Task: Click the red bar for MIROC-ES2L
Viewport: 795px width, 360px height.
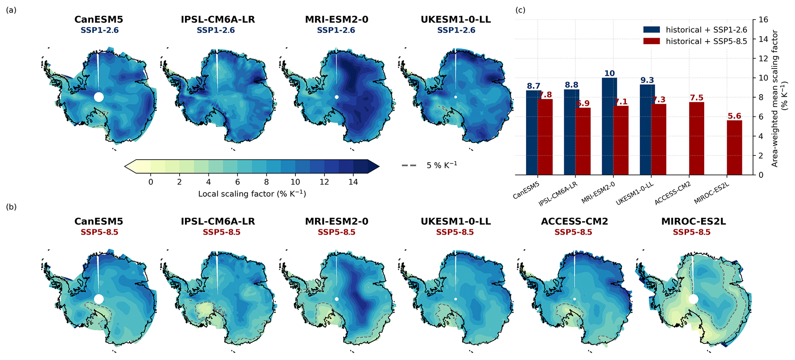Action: tap(734, 148)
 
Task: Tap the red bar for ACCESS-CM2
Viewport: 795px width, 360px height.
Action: tap(697, 138)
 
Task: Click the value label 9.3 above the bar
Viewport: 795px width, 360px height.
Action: tap(647, 80)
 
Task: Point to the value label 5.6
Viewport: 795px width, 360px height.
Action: tap(734, 116)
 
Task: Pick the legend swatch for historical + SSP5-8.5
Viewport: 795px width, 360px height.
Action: tap(652, 41)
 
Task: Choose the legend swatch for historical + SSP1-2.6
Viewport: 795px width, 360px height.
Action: tap(652, 30)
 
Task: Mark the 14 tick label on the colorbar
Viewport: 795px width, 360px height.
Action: tap(353, 182)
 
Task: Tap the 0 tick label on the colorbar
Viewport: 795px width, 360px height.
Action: tap(150, 182)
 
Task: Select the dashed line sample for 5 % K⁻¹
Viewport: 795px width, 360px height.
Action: tap(409, 166)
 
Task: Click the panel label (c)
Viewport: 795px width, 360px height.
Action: tap(520, 10)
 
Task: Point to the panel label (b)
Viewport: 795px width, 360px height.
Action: tap(11, 207)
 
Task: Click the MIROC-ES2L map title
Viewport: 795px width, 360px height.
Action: tap(691, 222)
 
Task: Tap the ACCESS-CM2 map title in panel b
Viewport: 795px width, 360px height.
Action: tap(573, 222)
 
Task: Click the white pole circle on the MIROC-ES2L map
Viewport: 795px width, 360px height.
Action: tap(693, 299)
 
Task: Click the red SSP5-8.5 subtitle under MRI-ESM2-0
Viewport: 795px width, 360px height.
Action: tap(337, 232)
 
